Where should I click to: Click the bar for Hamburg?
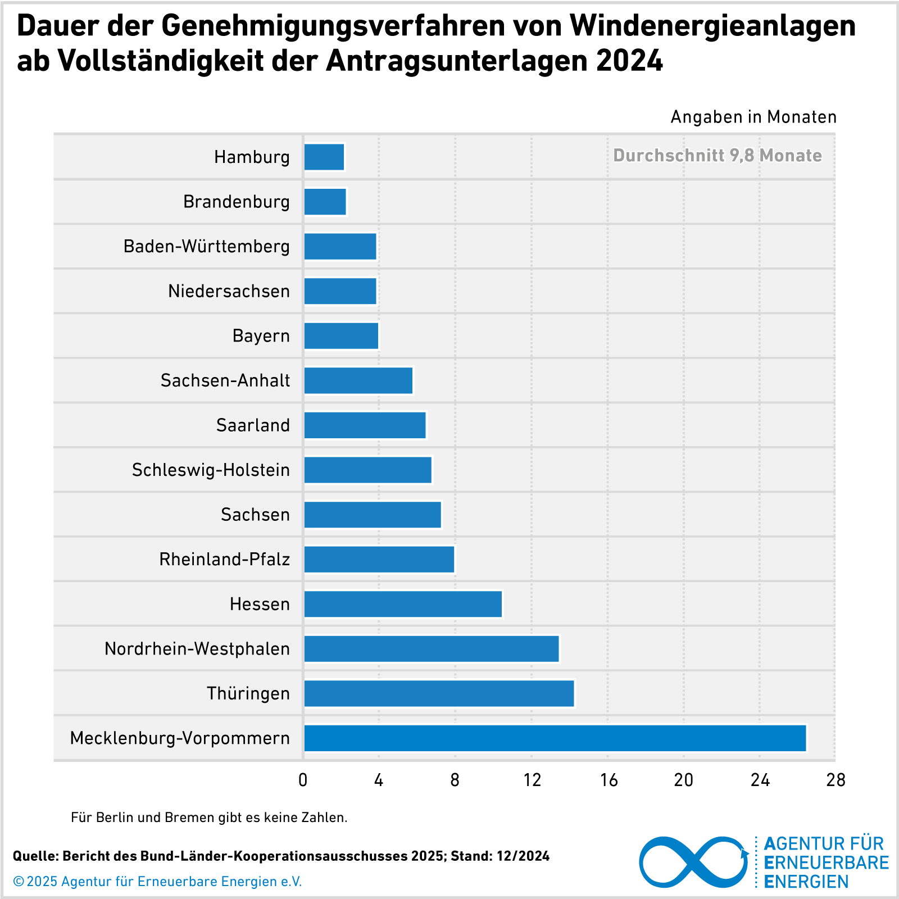pos(324,157)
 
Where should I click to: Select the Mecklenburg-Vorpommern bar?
pos(555,738)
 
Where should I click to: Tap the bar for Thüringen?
pos(439,693)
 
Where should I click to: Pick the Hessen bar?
pos(403,604)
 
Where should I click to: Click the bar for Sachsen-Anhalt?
pos(358,380)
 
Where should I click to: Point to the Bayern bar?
pos(341,335)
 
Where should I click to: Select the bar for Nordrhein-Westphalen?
pos(432,648)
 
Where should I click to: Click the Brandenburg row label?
pos(237,201)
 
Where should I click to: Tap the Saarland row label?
pos(253,425)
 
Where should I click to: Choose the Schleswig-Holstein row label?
pos(211,470)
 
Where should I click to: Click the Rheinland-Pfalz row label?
pos(224,559)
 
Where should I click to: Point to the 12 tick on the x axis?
pos(532,780)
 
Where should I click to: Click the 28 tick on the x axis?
pos(836,780)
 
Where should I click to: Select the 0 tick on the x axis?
pos(303,780)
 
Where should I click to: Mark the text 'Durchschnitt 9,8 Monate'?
pos(717,155)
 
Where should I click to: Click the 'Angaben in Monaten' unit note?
pos(753,117)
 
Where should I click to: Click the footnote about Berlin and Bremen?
pos(209,818)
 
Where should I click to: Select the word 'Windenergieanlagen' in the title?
pos(712,26)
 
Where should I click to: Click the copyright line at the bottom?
pos(157,882)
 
